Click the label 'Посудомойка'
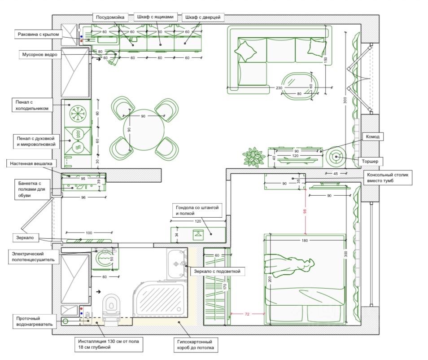point(111,17)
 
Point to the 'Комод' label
point(372,136)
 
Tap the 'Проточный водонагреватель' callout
point(32,320)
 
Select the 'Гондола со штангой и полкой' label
point(197,211)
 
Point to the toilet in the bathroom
point(110,308)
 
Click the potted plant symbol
point(254,157)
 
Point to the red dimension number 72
point(247,314)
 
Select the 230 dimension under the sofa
point(279,88)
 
